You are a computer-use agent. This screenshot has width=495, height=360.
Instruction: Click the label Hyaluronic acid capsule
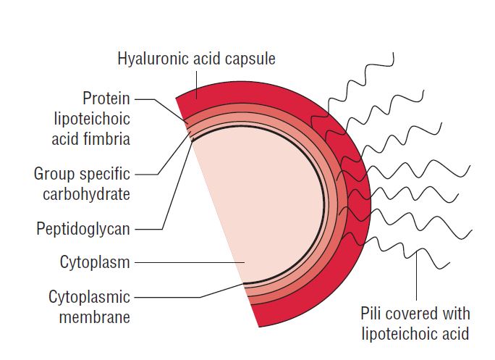point(196,59)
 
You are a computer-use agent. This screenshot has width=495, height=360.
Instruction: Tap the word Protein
point(106,98)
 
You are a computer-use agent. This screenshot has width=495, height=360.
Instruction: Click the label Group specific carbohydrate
point(82,184)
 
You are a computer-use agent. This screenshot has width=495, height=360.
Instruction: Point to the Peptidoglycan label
point(83,230)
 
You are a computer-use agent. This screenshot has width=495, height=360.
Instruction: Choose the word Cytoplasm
point(95,262)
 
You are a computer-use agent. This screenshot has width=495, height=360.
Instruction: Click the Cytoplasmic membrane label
point(89,306)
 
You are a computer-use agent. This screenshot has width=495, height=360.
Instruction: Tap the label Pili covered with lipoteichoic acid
point(415,323)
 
